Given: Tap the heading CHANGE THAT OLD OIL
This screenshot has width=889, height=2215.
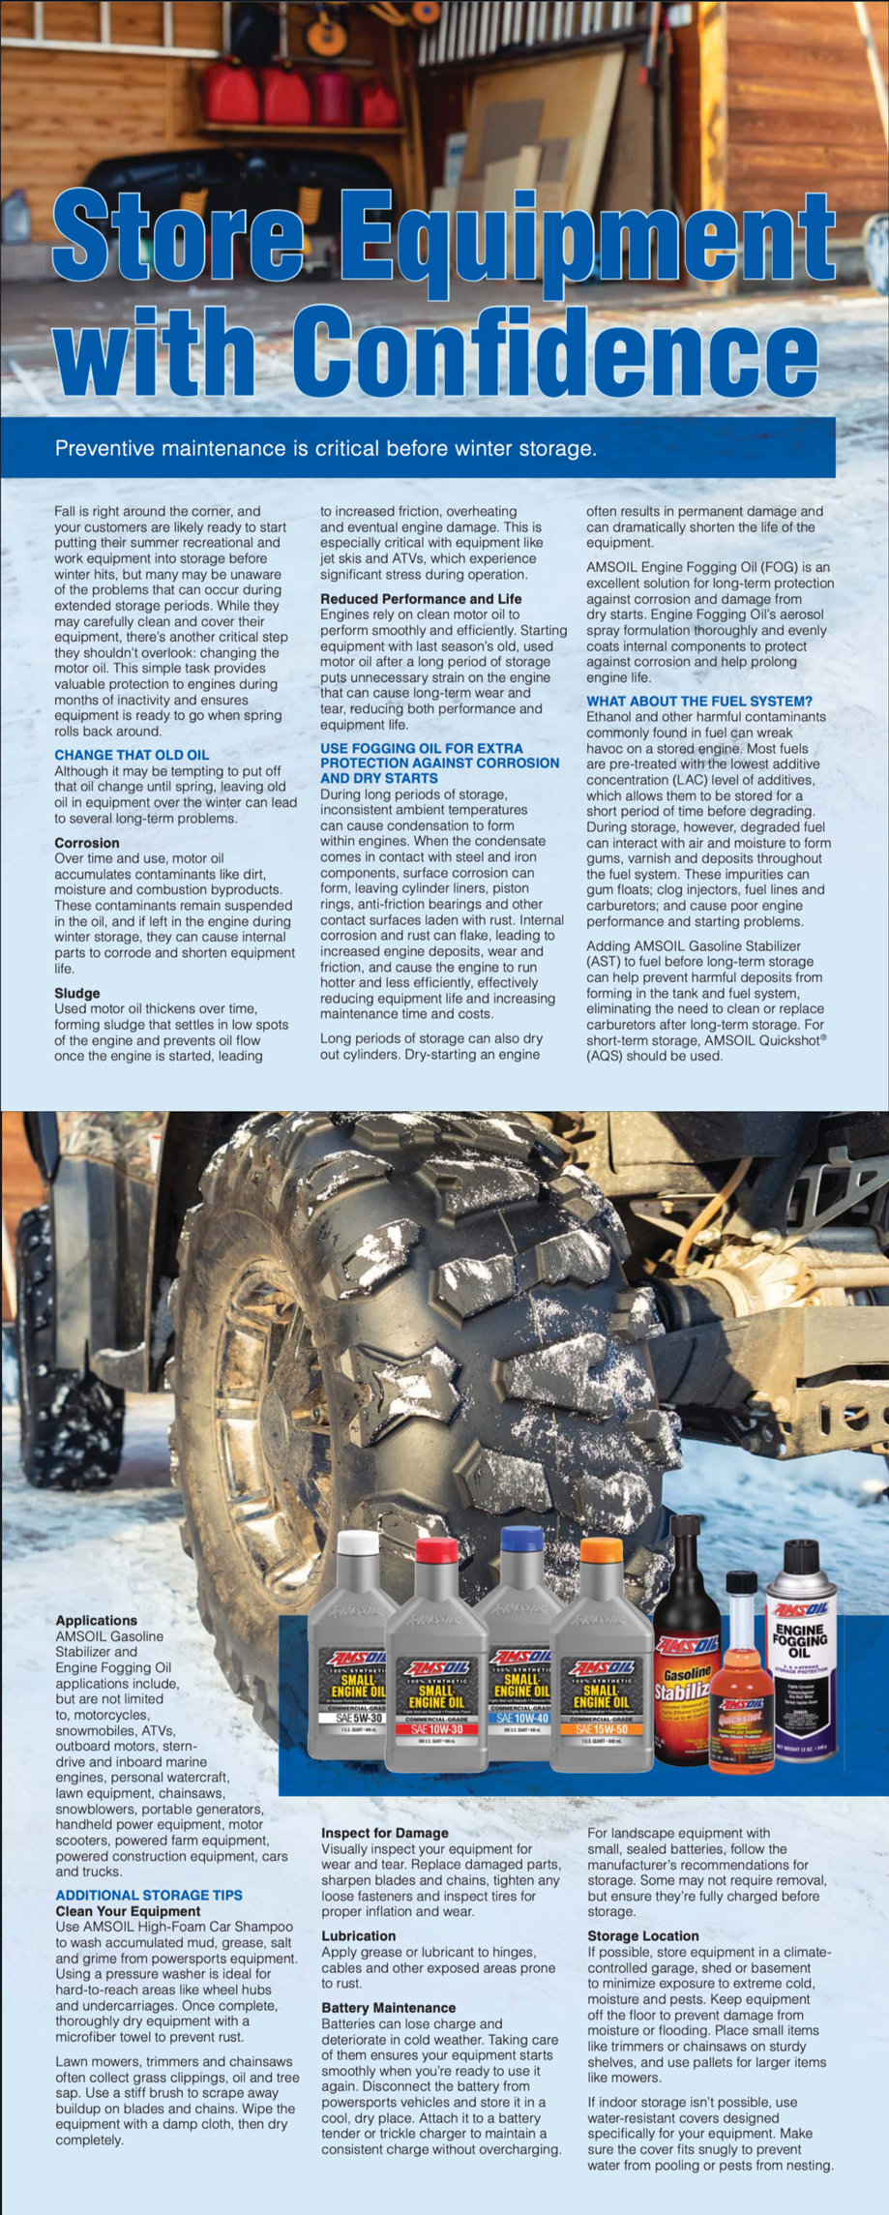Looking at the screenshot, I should point(132,755).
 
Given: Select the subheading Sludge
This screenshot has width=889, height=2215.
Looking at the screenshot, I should point(77,993).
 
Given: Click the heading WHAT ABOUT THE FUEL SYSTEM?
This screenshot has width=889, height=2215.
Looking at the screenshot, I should point(699,701).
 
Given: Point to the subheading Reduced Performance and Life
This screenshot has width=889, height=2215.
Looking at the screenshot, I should point(421,599).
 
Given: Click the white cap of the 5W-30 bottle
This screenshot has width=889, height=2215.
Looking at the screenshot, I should point(357,1542).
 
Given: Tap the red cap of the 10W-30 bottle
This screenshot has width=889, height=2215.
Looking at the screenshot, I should point(436,1549).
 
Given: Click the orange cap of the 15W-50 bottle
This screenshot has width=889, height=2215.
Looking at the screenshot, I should point(601,1549).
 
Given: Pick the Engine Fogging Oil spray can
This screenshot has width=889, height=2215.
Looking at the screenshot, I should point(801,1645).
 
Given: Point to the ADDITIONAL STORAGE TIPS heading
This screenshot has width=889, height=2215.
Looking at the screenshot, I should point(149,1895).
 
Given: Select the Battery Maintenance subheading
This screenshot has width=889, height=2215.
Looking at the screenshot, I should point(388,2008).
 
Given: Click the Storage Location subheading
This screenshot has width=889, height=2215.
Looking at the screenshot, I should point(643,1935).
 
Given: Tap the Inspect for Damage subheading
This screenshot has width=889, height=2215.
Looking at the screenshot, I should point(385,1833).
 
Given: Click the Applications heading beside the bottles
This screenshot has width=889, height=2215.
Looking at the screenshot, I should point(96,1620).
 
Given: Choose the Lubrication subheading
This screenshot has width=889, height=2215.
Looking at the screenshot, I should point(358,1935).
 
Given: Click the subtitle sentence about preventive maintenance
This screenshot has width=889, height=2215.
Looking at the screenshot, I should point(325,449).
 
